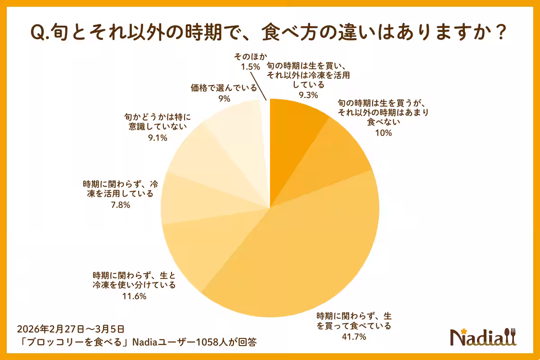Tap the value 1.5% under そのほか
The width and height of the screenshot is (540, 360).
(250, 67)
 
